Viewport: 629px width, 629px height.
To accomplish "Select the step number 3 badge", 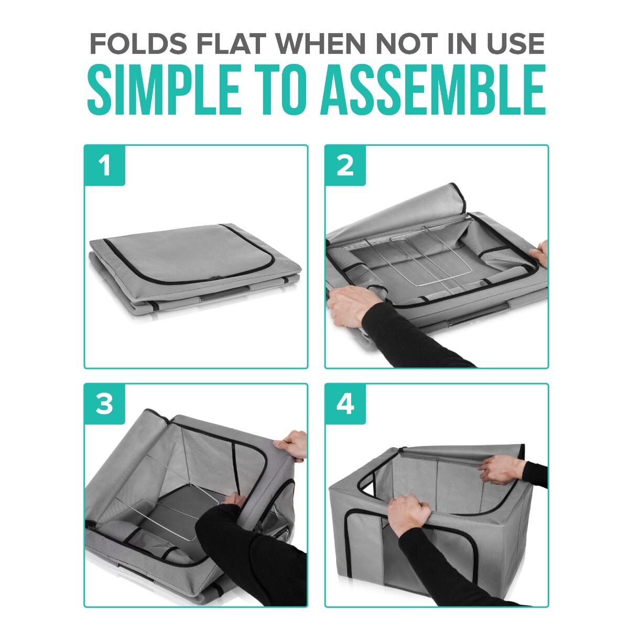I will pos(105,405).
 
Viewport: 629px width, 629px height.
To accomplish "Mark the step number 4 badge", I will pos(345,405).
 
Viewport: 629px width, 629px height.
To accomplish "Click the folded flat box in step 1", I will pos(197,267).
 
